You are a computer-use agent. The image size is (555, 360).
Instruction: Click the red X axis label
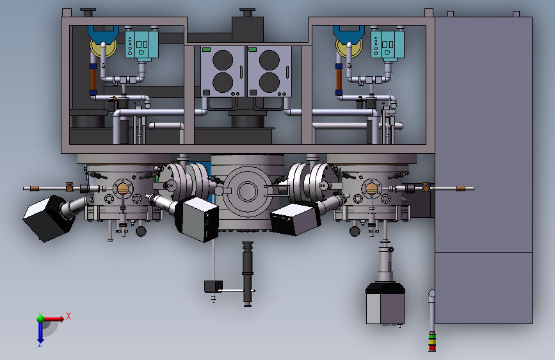coord(68,316)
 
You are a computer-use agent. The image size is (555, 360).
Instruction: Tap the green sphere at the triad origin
coord(40,318)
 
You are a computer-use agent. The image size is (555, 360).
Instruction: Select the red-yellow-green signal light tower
coord(432,342)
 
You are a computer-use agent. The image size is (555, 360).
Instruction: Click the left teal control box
coord(141,45)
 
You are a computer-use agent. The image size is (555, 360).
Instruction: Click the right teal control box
coord(387,45)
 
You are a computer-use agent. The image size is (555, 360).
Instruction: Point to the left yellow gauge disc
coord(103,48)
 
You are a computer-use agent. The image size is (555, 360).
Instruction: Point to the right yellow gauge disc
coord(349,48)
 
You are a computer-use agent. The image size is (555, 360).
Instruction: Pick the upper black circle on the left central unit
coord(223,60)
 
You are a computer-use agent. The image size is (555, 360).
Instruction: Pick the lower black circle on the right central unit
coord(269,82)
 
